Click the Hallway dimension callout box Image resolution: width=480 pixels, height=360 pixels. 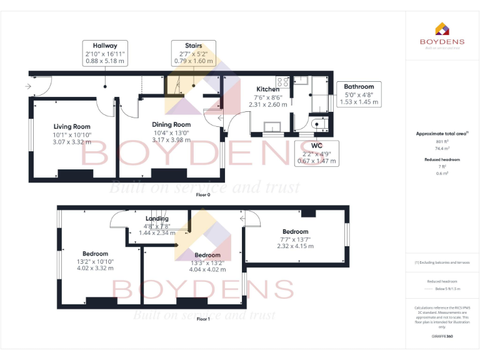pos(105,54)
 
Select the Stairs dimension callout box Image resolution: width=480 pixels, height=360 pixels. pos(193,54)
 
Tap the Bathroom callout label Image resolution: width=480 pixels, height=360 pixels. pos(359,94)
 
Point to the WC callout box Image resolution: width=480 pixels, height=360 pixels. pos(316,153)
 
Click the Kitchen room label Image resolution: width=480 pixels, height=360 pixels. pos(268,89)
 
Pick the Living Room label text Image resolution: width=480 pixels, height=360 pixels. pos(72,127)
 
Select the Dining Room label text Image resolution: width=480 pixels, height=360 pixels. pos(172,124)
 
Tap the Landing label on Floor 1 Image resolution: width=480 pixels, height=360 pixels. pos(156,219)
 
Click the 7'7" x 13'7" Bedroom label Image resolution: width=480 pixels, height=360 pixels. pos(295,232)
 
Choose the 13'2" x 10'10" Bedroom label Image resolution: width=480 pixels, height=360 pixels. pos(95,254)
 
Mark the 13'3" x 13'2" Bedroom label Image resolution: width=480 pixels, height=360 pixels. pos(207,255)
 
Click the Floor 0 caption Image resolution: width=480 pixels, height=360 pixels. pos(203,195)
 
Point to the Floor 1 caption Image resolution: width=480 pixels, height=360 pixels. pos(203,319)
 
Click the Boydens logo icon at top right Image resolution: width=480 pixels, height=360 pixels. pos(442,28)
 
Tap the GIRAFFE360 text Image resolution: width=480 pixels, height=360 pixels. pos(442,337)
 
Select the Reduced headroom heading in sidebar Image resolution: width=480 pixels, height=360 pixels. pos(442,159)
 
